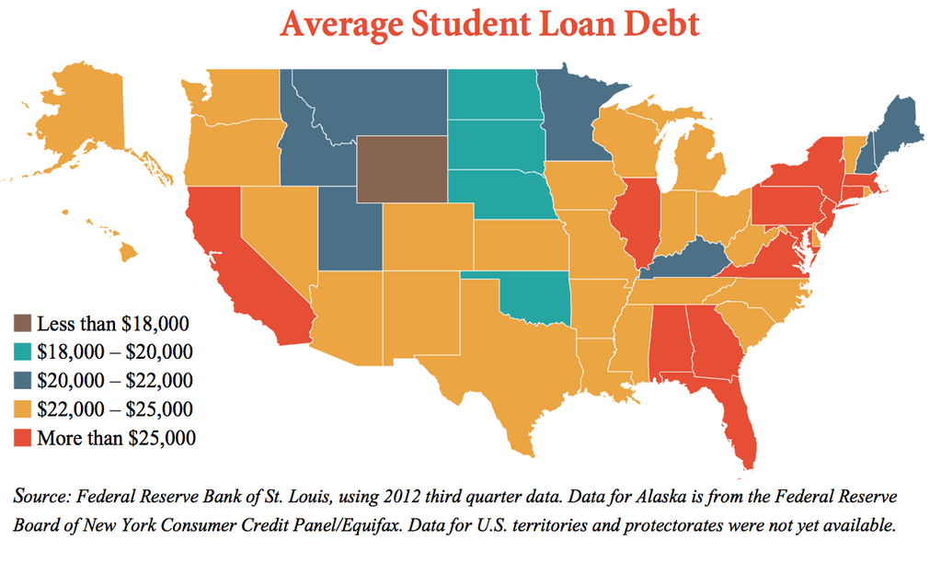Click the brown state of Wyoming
(402, 169)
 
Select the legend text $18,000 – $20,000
(115, 352)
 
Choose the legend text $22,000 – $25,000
(115, 409)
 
